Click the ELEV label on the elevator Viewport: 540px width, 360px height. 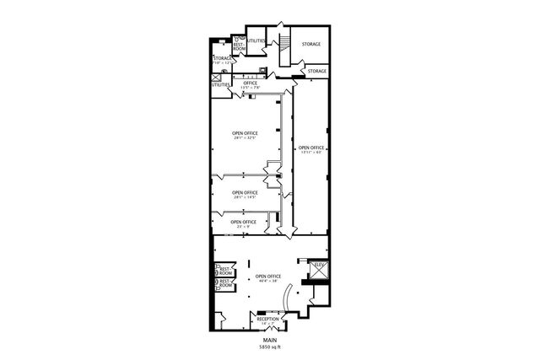(x=319, y=266)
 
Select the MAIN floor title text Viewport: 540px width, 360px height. (x=269, y=340)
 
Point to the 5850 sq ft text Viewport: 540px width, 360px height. (x=269, y=347)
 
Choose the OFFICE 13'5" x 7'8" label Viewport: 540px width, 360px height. (x=251, y=84)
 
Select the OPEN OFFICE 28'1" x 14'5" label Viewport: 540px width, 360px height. (x=245, y=194)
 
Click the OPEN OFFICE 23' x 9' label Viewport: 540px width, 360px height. (x=243, y=223)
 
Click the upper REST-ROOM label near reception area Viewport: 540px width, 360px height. (x=225, y=271)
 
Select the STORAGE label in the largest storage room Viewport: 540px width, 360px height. (x=310, y=43)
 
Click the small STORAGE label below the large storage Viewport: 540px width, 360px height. (x=317, y=72)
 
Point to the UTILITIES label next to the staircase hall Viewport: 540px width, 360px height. (x=256, y=40)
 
